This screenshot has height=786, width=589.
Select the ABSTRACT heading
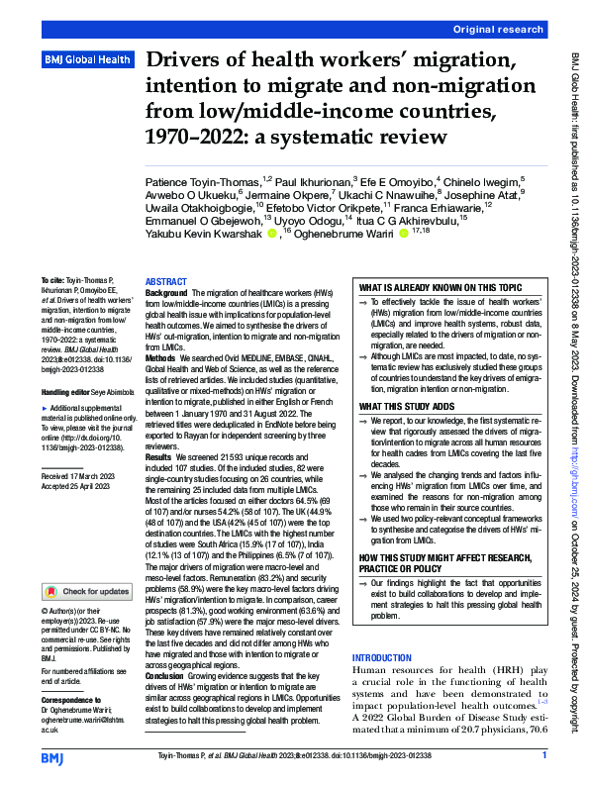pos(166,282)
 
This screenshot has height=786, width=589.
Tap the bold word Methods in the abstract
pos(162,354)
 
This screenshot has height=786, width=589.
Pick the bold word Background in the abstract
pos(168,294)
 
